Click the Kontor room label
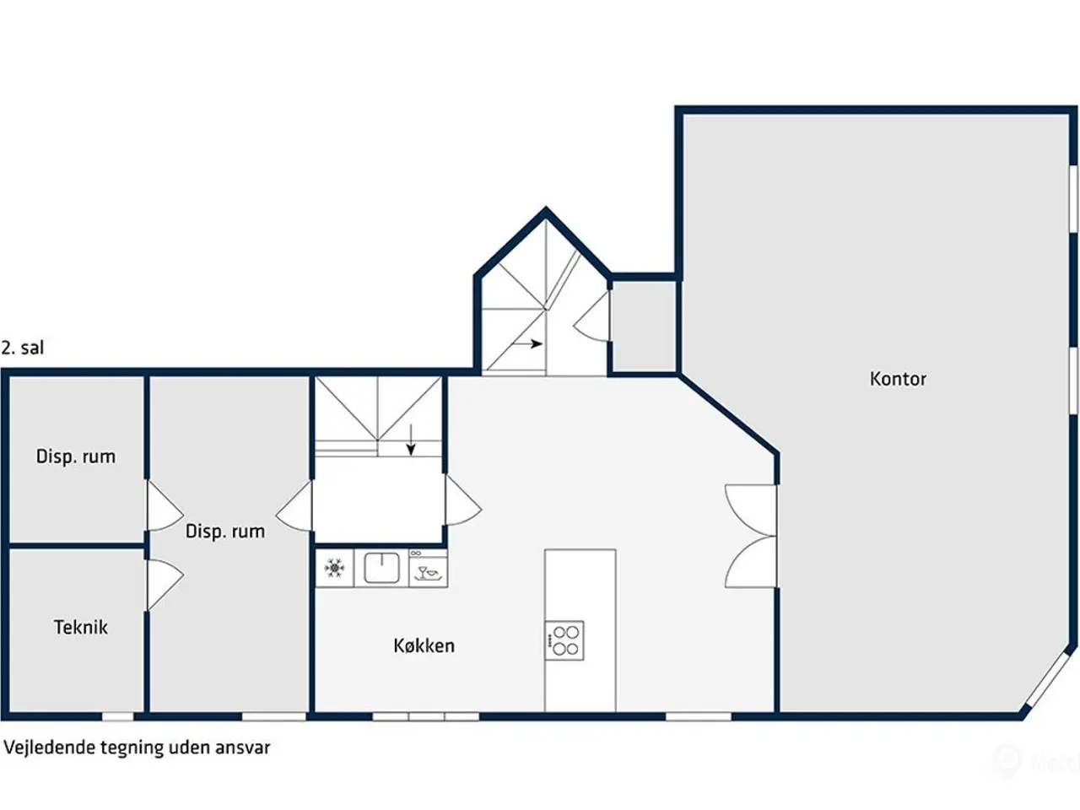click(x=898, y=379)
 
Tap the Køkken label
click(x=424, y=645)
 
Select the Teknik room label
click(x=81, y=627)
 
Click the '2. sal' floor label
click(x=23, y=348)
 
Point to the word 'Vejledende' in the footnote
click(x=50, y=747)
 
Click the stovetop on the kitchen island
click(x=564, y=640)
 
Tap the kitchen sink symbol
click(x=381, y=568)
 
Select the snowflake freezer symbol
click(x=334, y=568)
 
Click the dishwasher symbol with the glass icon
click(x=428, y=569)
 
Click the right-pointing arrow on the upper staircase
click(x=527, y=343)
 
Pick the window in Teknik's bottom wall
click(x=117, y=716)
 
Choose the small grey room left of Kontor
click(x=644, y=326)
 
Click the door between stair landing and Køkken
click(x=463, y=499)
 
